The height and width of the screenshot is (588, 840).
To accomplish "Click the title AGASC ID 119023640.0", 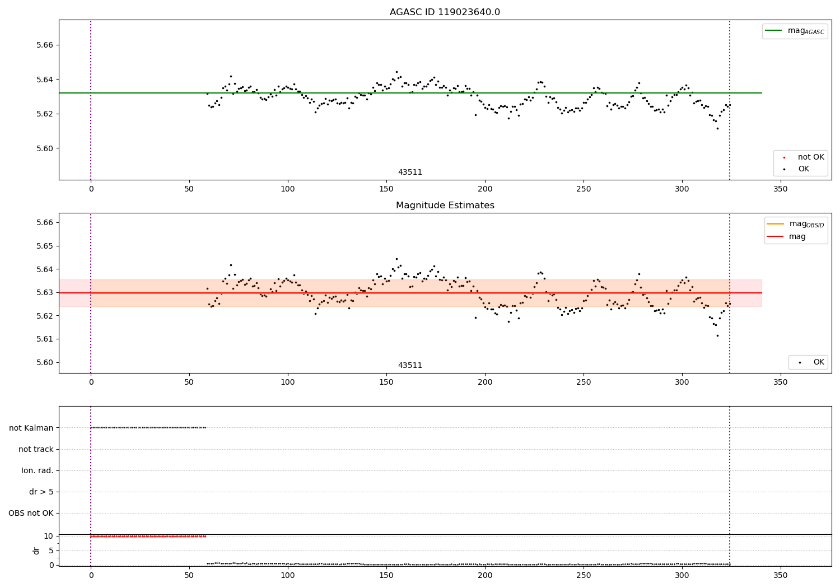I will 445,12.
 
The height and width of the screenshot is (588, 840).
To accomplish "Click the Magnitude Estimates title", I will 445,206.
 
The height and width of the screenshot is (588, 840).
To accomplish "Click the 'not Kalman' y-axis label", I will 31,428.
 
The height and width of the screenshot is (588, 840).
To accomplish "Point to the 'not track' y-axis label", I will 36,449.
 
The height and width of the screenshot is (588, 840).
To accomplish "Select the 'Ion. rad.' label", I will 38,470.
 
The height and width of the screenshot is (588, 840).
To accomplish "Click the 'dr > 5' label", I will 41,492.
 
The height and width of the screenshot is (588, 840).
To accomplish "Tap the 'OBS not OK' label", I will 31,513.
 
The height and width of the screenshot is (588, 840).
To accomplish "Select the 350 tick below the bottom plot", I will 780,575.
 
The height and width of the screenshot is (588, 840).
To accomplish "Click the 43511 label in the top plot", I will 410,172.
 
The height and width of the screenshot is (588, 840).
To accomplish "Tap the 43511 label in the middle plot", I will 410,366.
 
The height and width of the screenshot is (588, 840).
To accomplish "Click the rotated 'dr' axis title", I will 36,550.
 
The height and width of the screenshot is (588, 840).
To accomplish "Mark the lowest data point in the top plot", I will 717,128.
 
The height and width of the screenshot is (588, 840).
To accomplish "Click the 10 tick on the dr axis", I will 49,536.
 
